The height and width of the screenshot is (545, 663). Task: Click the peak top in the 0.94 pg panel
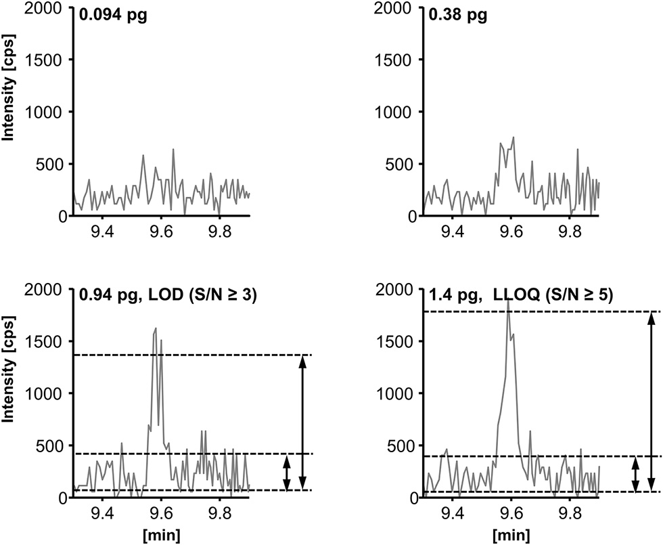156,328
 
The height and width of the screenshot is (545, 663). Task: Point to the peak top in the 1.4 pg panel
507,300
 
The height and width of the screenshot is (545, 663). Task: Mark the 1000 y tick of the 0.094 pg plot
49,112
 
